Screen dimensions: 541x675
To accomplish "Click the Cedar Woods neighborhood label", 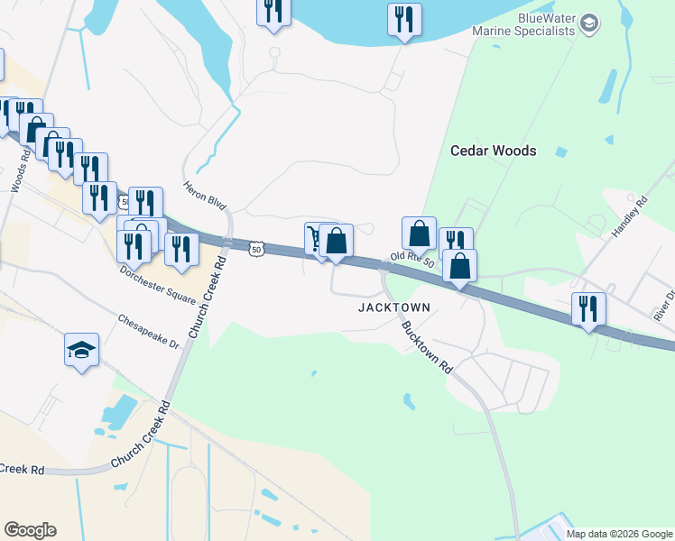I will pyautogui.click(x=493, y=151).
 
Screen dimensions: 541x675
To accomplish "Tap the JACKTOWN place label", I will pyautogui.click(x=393, y=307).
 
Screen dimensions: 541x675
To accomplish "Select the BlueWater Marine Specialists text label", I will pyautogui.click(x=523, y=24).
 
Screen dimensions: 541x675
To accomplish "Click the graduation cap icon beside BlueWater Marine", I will pyautogui.click(x=589, y=23).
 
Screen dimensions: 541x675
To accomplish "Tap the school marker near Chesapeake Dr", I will pyautogui.click(x=81, y=350).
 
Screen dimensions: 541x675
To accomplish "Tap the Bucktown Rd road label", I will pyautogui.click(x=427, y=348).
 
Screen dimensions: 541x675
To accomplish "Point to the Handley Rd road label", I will pyautogui.click(x=629, y=216).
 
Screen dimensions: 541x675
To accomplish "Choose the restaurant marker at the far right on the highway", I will pyautogui.click(x=588, y=309).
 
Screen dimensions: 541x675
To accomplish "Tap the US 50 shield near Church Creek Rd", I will pyautogui.click(x=257, y=249).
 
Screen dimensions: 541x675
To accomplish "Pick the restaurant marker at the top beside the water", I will pyautogui.click(x=403, y=20).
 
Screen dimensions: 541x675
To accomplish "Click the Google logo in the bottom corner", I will pyautogui.click(x=30, y=530).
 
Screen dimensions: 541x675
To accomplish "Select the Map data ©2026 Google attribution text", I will pyautogui.click(x=619, y=534).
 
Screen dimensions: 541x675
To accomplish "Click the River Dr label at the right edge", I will pyautogui.click(x=664, y=306).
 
